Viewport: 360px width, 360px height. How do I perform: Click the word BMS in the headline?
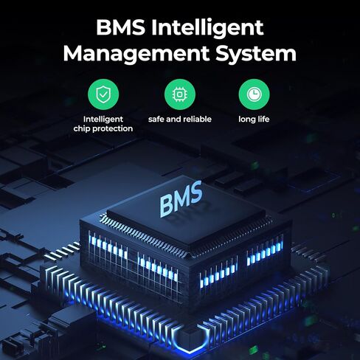click(x=120, y=27)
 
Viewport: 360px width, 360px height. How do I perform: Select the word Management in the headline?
click(x=136, y=55)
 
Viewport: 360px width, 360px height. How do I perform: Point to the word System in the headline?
click(x=256, y=55)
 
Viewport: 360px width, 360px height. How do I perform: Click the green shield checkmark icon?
click(x=103, y=94)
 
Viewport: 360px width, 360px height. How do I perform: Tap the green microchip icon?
click(x=180, y=94)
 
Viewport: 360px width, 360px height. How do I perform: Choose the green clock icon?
click(x=254, y=94)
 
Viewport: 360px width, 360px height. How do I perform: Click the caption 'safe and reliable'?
click(x=180, y=120)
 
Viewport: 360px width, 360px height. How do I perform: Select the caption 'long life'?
click(x=254, y=120)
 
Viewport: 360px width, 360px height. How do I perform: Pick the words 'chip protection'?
click(x=103, y=129)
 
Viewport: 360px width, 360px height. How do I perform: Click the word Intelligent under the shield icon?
click(x=103, y=120)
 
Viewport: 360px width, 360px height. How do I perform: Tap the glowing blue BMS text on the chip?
click(x=181, y=199)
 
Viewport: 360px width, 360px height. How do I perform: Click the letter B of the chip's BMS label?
click(x=167, y=207)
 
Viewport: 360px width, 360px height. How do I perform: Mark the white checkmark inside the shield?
click(x=103, y=94)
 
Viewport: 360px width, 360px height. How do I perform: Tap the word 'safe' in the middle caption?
click(x=156, y=120)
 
